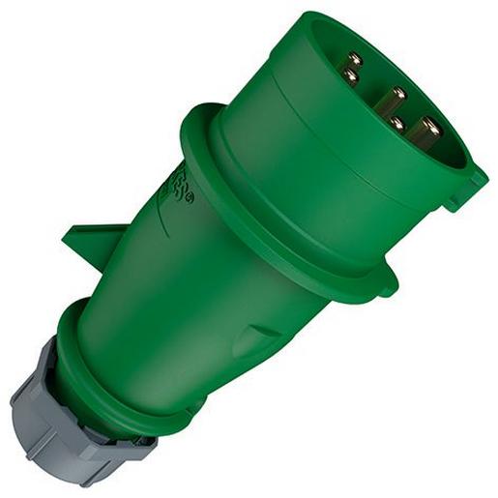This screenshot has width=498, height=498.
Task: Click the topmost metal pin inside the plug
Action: pyautogui.click(x=355, y=58)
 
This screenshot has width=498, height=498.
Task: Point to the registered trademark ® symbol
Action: pyautogui.click(x=190, y=199)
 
